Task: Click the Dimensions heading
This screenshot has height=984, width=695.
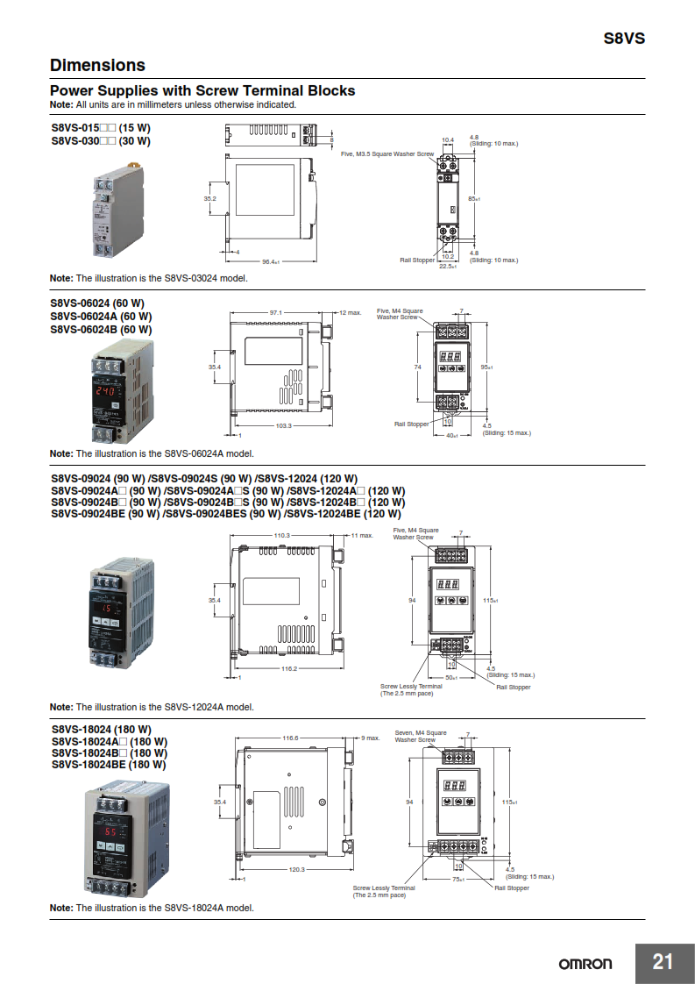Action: click(x=97, y=65)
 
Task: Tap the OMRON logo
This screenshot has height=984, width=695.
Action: click(x=585, y=963)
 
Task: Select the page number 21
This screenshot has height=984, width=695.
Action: click(x=663, y=962)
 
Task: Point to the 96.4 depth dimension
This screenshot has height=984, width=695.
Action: click(x=270, y=261)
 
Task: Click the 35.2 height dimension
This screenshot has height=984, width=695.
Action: click(x=210, y=199)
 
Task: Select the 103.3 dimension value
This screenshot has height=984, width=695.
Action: click(x=283, y=425)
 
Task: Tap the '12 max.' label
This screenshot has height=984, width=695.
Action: click(x=350, y=312)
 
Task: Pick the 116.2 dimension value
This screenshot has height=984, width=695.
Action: click(x=288, y=669)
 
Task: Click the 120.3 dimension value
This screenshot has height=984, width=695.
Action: click(x=295, y=869)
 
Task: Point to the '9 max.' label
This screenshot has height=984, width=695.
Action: click(x=369, y=738)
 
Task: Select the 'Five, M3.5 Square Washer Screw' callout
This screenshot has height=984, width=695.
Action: click(x=387, y=153)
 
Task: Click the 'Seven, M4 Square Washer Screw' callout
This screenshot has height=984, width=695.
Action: click(x=420, y=736)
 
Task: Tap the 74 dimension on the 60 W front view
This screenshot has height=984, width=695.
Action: click(x=417, y=367)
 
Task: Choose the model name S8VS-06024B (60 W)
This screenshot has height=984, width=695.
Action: click(x=101, y=330)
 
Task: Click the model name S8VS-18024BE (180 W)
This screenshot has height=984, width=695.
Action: click(x=108, y=764)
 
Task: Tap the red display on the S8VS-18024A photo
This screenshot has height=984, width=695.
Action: click(x=111, y=831)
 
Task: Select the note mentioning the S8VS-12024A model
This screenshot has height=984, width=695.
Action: click(x=152, y=707)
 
